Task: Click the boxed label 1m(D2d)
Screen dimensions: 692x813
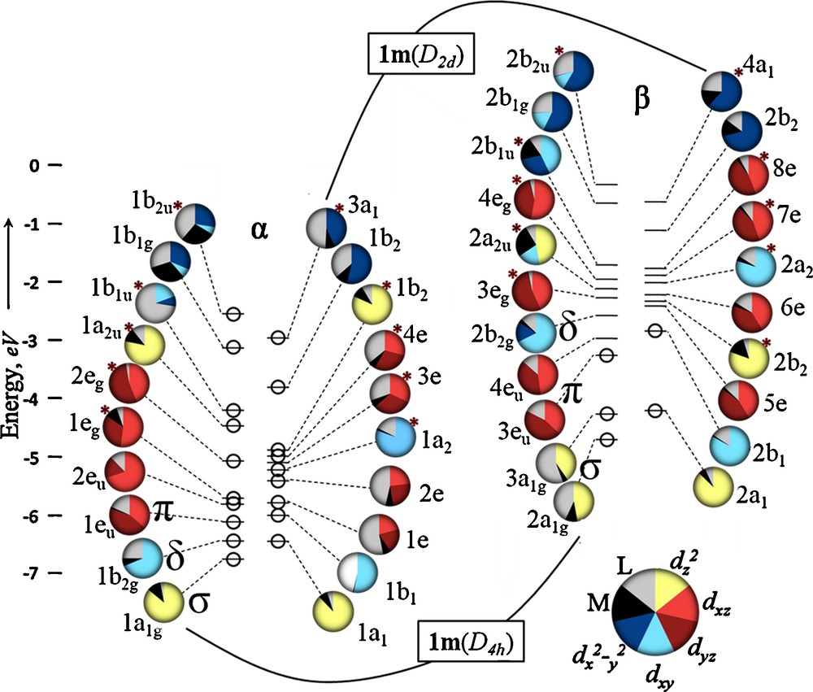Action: point(423,57)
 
